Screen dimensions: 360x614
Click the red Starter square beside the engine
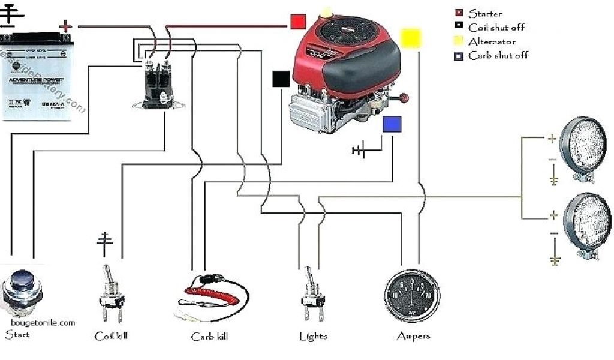298,22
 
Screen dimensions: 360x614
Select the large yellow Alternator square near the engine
411,38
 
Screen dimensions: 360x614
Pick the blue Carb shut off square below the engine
392,124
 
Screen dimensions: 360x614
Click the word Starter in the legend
485,13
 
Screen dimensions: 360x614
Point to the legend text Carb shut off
498,56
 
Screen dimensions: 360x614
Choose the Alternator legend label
491,41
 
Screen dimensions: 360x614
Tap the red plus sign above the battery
66,26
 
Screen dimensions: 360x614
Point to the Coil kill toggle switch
112,294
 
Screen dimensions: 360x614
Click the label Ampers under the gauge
413,337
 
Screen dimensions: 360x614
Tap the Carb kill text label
209,337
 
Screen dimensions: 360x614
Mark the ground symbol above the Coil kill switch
105,241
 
